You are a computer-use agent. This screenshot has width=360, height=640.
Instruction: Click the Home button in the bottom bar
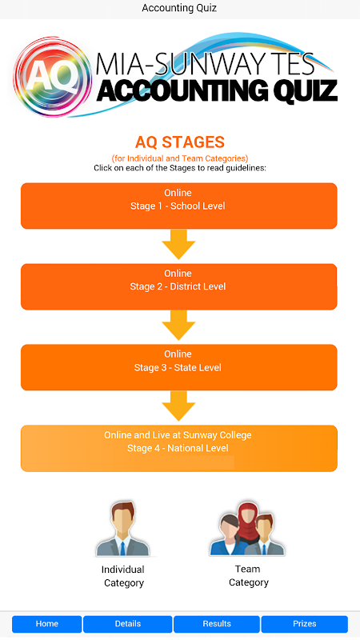(47, 624)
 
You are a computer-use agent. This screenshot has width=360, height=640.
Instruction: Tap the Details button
(128, 624)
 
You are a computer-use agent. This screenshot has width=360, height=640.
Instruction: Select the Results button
(217, 624)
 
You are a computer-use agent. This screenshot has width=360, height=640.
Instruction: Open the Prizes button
(305, 624)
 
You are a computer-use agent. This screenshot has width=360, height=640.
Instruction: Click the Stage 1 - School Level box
(178, 206)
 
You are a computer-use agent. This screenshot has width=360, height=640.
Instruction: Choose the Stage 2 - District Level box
(178, 286)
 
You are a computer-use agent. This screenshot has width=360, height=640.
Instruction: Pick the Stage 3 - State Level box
(178, 367)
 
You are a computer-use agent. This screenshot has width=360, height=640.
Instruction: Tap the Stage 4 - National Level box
(178, 448)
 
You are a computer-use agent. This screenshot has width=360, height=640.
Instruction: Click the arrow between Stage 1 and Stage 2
(178, 244)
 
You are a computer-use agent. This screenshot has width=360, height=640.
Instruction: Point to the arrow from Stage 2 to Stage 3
(178, 325)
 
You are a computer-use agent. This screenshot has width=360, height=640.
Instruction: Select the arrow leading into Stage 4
(178, 406)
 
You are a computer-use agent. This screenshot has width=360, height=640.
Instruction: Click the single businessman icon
(123, 530)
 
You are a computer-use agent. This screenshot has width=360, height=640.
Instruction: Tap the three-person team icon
(247, 529)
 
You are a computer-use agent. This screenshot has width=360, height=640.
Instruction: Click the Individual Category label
(123, 576)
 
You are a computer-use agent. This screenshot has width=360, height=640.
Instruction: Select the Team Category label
(248, 575)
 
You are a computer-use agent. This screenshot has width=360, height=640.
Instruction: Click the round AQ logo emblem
(52, 76)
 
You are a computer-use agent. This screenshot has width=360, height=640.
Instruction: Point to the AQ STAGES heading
(179, 142)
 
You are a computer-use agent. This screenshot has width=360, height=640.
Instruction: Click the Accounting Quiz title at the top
(179, 8)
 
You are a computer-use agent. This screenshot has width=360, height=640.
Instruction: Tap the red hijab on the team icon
(247, 516)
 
